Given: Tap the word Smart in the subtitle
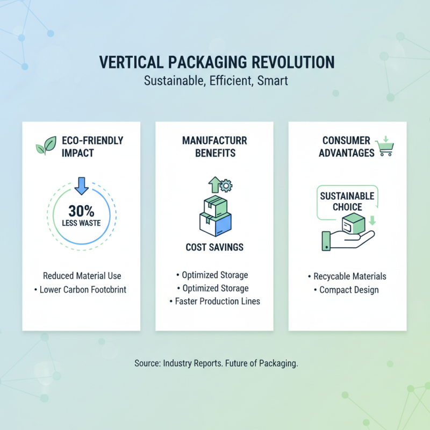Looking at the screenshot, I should pyautogui.click(x=273, y=81).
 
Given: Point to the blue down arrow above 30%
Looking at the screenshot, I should pyautogui.click(x=82, y=185).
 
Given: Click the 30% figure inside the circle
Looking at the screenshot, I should pyautogui.click(x=81, y=211).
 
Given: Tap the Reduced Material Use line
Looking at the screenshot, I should pyautogui.click(x=82, y=276).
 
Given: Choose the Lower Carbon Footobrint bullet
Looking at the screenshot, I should pyautogui.click(x=82, y=290).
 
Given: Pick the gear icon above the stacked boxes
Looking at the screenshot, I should pyautogui.click(x=226, y=186).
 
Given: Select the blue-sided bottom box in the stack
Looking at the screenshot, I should pyautogui.click(x=215, y=224).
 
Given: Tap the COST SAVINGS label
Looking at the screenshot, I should pyautogui.click(x=214, y=247).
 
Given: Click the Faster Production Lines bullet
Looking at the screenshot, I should pyautogui.click(x=214, y=301).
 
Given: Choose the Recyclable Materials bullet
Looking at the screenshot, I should pyautogui.click(x=347, y=276).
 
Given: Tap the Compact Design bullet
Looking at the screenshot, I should pyautogui.click(x=347, y=290).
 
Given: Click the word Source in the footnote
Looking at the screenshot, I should pyautogui.click(x=146, y=363).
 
